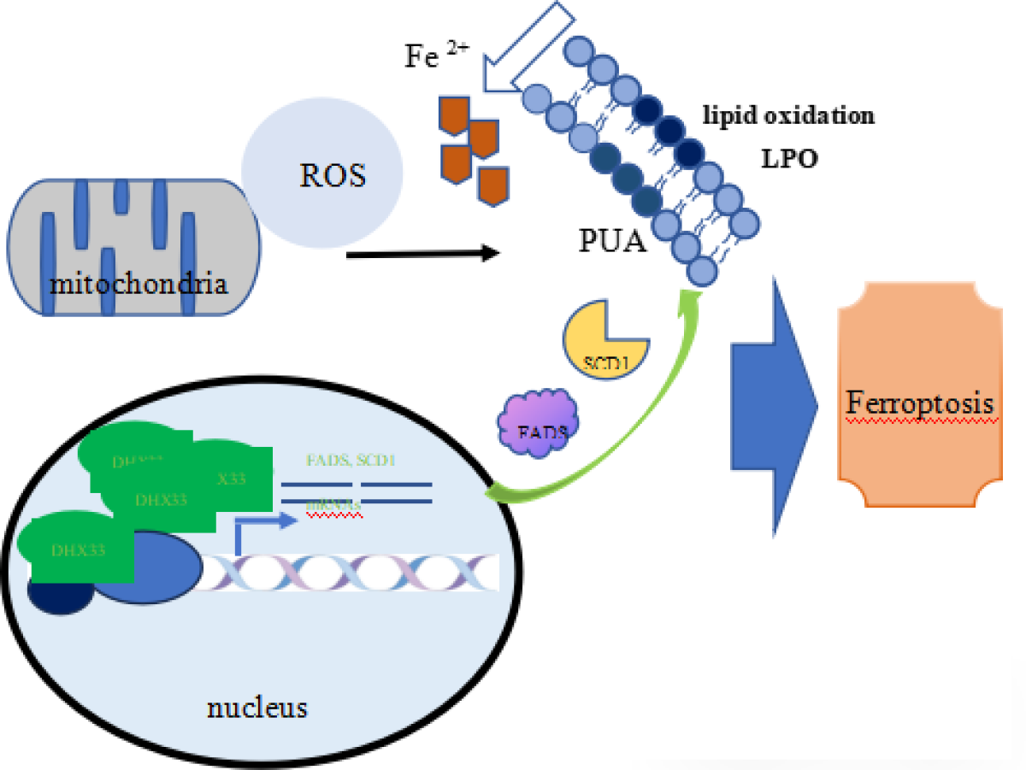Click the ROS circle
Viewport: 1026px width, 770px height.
320,175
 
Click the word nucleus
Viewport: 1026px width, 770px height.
256,708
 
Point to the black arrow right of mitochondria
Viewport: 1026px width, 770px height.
423,253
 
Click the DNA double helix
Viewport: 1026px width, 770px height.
351,573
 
